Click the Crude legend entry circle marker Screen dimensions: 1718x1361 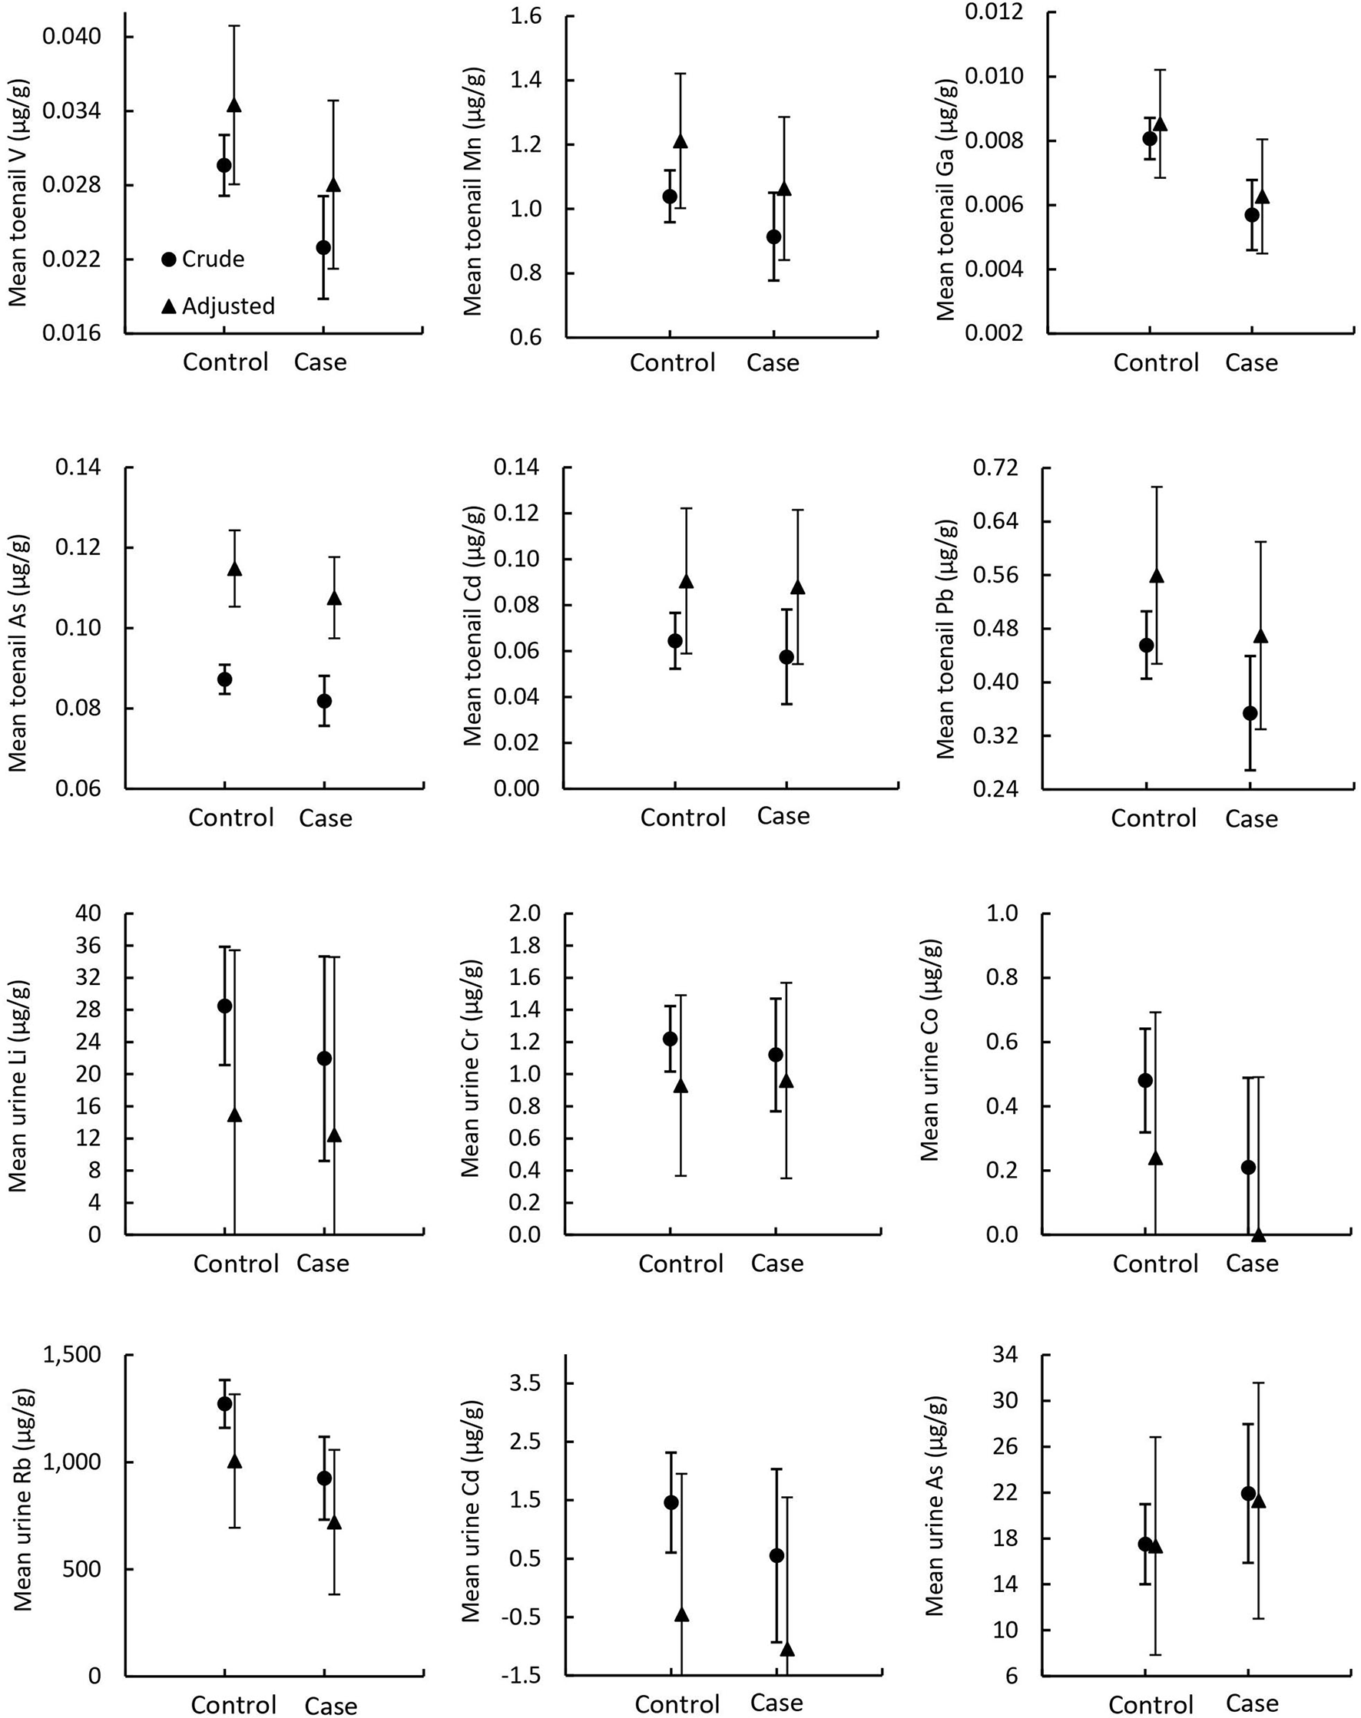coord(168,259)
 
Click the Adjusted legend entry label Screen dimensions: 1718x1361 coord(228,306)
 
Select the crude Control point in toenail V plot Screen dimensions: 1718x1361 coord(224,165)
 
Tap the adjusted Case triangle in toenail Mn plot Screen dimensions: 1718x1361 coord(784,189)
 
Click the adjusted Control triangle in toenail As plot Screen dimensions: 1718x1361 coord(234,569)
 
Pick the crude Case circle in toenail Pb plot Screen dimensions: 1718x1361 coord(1250,713)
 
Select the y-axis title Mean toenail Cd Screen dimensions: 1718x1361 coord(473,625)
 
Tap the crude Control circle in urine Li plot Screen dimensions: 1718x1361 coord(225,1006)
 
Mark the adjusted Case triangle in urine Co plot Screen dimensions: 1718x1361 coord(1259,1234)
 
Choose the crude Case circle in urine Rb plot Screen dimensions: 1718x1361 coord(323,1478)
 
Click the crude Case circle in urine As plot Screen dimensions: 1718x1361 coord(1248,1493)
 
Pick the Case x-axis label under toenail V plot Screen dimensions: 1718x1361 coord(320,362)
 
